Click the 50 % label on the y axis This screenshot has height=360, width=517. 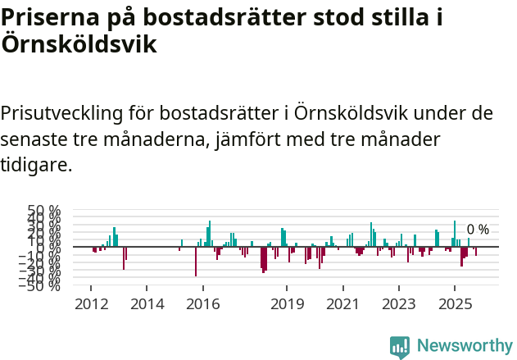tap(44, 211)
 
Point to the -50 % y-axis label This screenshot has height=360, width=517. tap(41, 285)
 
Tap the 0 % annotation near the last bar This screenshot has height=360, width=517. tap(478, 230)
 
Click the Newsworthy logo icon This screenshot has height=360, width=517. tap(400, 347)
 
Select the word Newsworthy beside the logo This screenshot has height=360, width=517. tap(465, 347)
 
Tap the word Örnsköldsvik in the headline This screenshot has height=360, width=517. tap(79, 44)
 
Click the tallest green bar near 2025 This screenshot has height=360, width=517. tap(455, 233)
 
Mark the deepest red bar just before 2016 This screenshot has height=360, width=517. tap(196, 261)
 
